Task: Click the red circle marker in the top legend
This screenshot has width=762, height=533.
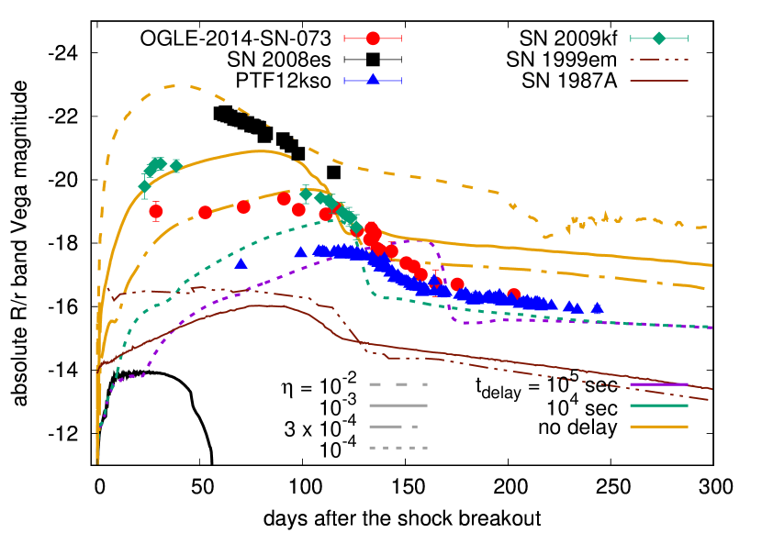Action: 373,39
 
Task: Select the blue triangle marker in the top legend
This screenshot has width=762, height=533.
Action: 373,80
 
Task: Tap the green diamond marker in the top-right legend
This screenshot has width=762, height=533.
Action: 659,39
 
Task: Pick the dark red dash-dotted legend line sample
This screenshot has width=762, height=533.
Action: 659,60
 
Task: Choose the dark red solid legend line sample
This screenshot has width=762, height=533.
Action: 659,81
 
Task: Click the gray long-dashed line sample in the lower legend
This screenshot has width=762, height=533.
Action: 398,384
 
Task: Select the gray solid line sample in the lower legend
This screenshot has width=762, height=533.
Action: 398,405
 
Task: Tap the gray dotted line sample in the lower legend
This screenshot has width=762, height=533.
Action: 398,448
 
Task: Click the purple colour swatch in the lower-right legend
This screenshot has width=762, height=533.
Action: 659,384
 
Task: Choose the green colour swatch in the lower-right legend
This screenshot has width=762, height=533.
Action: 659,405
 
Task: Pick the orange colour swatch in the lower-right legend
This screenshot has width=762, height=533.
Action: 659,427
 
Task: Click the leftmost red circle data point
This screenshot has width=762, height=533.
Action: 156,212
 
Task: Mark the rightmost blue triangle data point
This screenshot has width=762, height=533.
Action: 598,309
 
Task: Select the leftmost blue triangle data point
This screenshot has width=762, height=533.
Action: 241,264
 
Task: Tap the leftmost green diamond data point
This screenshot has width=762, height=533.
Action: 144,186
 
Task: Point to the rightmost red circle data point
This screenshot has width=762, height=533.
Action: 514,294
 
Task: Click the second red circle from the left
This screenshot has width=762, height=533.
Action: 205,213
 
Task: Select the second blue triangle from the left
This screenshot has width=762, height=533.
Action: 300,252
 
